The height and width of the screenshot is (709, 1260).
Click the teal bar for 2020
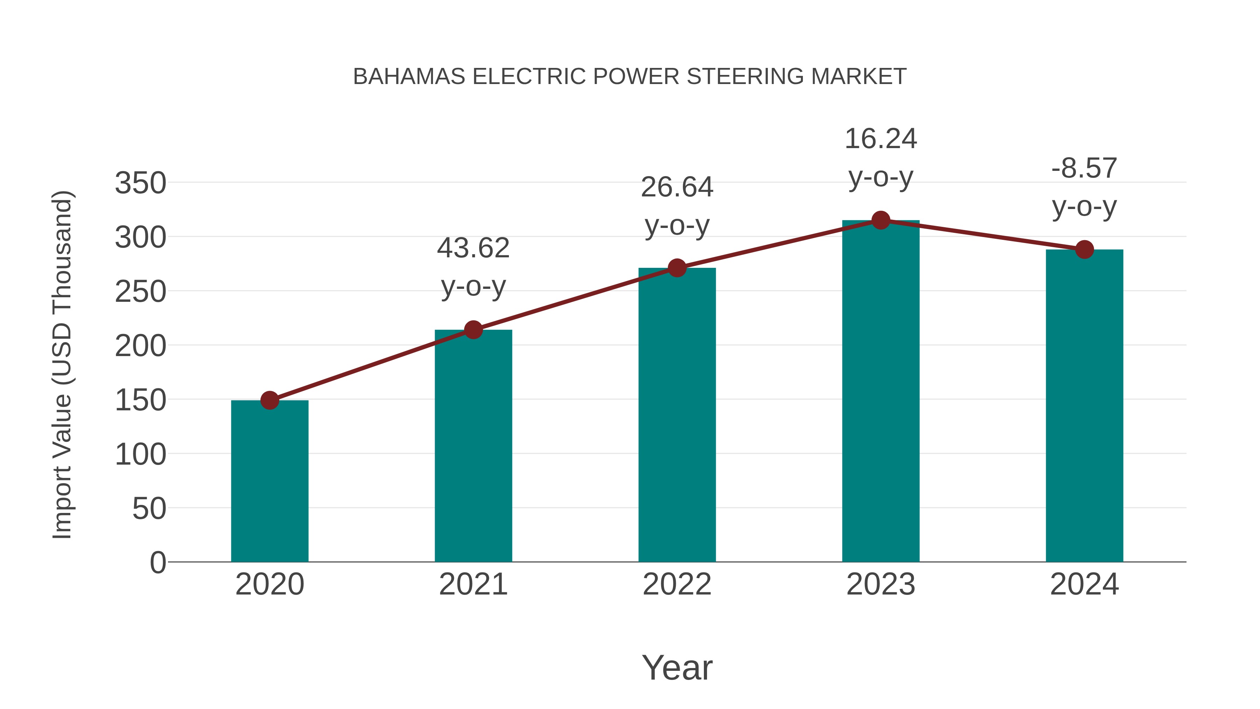coord(269,482)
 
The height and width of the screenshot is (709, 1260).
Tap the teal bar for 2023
coord(881,391)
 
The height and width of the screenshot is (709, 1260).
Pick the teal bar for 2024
coord(1084,406)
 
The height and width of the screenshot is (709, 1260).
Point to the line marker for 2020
coord(269,400)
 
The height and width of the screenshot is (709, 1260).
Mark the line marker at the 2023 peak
coord(881,220)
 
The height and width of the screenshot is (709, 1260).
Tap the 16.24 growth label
coord(881,139)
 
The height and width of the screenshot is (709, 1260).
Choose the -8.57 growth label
coord(1084,168)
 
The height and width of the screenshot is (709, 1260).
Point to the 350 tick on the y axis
coord(140,183)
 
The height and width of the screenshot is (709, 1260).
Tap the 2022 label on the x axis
coord(677,584)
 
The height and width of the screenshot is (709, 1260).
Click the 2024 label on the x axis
coord(1084,584)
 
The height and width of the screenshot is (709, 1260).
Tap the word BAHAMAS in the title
coord(409,77)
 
